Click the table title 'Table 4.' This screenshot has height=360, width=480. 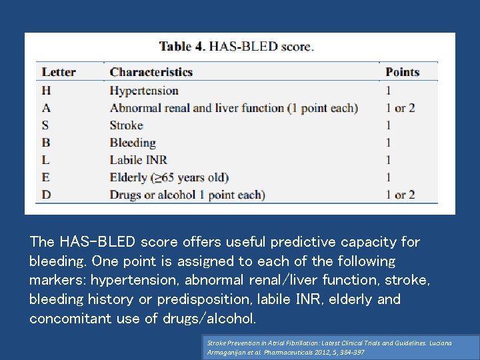(x=182, y=47)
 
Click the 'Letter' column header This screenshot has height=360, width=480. (x=59, y=72)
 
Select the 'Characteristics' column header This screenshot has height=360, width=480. (x=151, y=72)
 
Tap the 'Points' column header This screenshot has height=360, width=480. (x=403, y=72)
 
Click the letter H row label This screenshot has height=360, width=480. (x=46, y=90)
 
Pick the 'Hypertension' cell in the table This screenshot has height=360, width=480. (x=144, y=90)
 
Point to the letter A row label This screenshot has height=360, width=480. (x=46, y=107)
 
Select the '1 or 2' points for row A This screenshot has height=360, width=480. (x=400, y=107)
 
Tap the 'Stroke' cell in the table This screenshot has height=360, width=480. (x=127, y=125)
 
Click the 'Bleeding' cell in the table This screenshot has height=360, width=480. (x=133, y=142)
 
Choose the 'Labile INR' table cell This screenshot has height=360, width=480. (x=138, y=159)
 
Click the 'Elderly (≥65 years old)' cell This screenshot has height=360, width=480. (x=169, y=177)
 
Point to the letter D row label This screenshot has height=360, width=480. (x=46, y=195)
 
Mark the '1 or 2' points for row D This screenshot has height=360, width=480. (x=400, y=195)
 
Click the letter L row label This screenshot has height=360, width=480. (x=46, y=159)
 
